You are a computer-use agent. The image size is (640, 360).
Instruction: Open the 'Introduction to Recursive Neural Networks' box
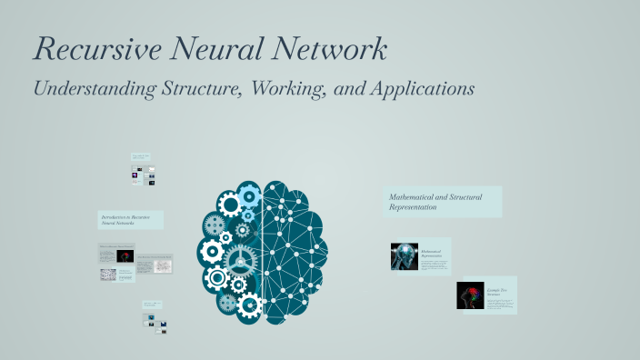pos(131,220)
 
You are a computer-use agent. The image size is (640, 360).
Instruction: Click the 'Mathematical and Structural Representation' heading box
pos(443,202)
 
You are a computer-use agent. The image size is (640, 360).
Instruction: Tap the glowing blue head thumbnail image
pos(405,256)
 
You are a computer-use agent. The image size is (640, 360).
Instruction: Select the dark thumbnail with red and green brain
pos(470,295)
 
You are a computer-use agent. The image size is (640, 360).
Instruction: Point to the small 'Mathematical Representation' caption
pos(432,254)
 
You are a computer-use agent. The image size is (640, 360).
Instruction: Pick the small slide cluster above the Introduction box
pos(143,170)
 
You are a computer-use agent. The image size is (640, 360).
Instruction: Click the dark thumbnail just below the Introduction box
pos(125,256)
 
